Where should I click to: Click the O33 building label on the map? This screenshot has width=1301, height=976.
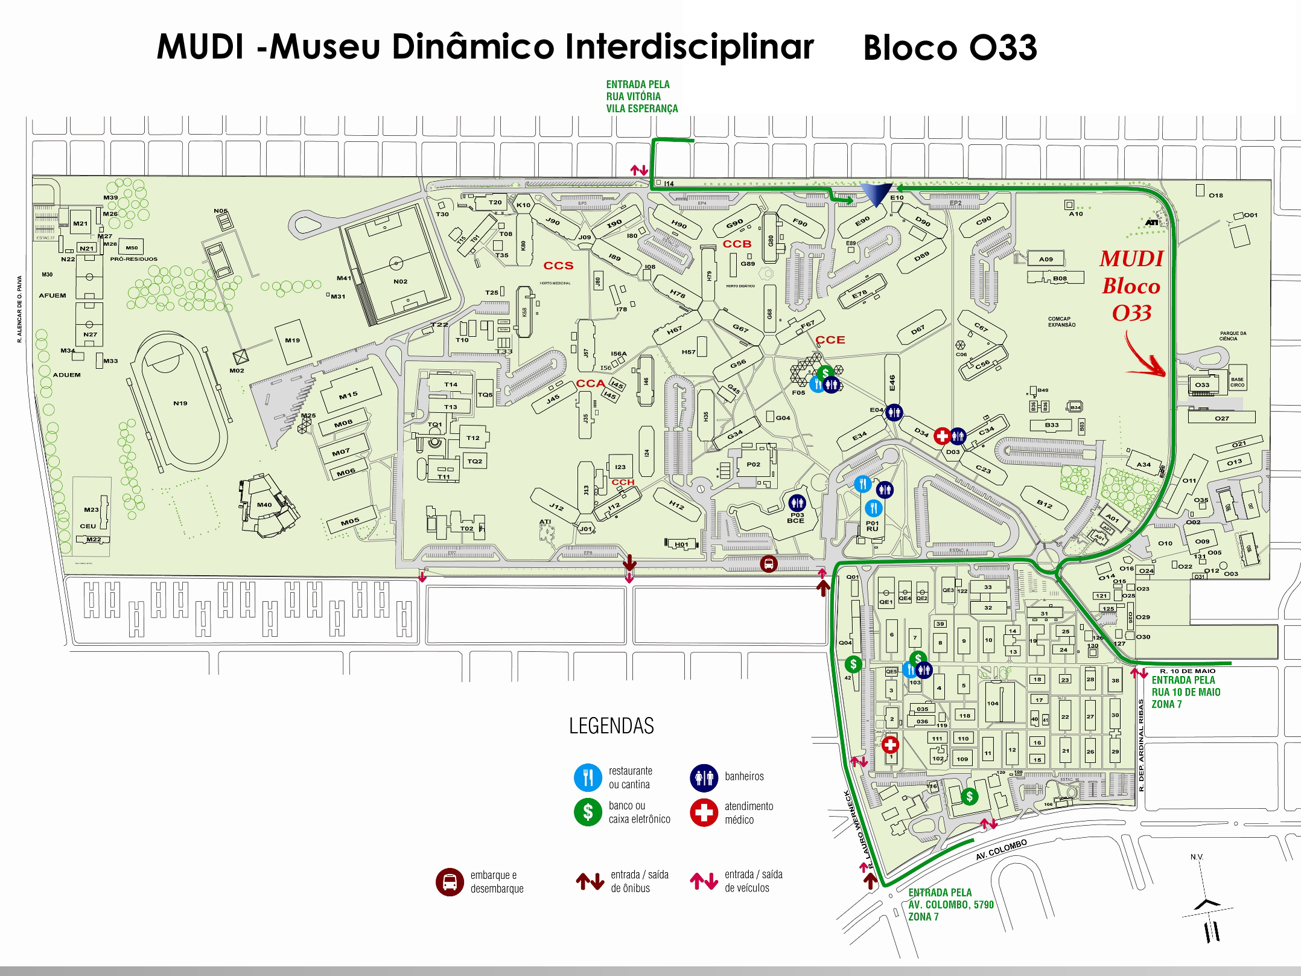click(x=1202, y=384)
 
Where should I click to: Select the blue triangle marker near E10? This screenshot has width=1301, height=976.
click(x=876, y=195)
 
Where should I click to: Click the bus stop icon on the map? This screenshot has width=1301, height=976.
click(x=769, y=564)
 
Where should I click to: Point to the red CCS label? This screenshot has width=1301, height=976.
click(x=558, y=266)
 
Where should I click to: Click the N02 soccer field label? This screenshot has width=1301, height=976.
click(x=400, y=281)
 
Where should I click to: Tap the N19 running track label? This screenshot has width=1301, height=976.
click(x=180, y=403)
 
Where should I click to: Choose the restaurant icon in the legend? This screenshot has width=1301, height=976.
click(x=588, y=777)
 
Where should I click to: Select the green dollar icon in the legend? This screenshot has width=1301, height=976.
click(x=588, y=812)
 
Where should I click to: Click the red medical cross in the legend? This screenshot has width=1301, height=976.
click(x=704, y=812)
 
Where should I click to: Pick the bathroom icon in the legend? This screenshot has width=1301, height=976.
click(x=704, y=777)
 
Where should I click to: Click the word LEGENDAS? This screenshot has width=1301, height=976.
click(x=611, y=726)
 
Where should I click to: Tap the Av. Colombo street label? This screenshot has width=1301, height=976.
click(x=1001, y=850)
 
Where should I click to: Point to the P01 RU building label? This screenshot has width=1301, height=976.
click(x=873, y=526)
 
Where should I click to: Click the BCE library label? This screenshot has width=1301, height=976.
click(x=795, y=520)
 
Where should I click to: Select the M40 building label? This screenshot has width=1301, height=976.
click(x=264, y=505)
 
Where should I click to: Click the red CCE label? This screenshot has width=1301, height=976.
click(x=830, y=340)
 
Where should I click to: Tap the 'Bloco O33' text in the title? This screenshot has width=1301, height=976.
click(x=950, y=48)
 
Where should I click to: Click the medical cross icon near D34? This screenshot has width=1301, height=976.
click(x=942, y=435)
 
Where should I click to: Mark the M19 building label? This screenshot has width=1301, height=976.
click(x=293, y=340)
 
